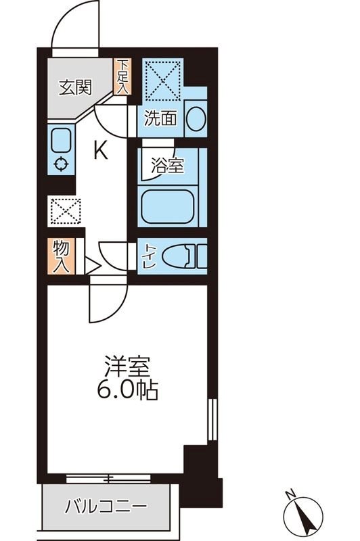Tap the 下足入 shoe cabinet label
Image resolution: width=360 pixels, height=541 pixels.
pos(122,77)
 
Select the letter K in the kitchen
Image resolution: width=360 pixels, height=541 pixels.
pos(99,150)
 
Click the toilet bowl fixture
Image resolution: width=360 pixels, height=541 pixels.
pos(181,256)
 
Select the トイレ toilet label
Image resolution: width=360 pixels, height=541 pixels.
pos(148,256)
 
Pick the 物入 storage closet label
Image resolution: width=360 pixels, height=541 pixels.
pos(60,256)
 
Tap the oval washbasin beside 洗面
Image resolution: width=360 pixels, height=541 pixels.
pos(195,119)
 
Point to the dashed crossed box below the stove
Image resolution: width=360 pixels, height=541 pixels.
pos(65,211)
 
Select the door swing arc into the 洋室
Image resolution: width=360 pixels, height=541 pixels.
pos(108,306)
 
